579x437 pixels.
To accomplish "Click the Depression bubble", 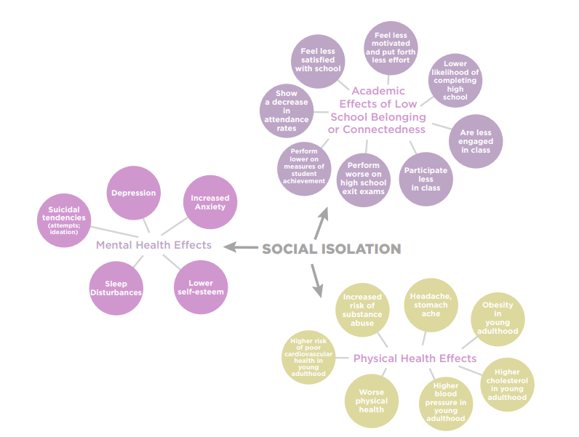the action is point(133,193).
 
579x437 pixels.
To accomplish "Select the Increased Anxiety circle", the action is point(209,202).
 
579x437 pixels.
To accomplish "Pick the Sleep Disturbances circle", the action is point(116,288).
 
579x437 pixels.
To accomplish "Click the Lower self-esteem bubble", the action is point(201,287).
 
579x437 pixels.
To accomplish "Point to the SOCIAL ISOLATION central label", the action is point(331,249).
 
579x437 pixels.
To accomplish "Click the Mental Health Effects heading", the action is point(153,245).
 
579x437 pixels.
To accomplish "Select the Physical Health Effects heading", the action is point(415,358).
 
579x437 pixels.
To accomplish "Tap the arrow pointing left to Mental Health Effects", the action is point(241,247).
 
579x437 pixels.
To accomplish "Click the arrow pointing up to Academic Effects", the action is point(320,222).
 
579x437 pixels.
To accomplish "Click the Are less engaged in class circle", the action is point(476,141).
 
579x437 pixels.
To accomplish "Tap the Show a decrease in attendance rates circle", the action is point(287,111).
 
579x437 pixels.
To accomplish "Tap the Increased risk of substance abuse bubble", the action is point(362,310).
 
